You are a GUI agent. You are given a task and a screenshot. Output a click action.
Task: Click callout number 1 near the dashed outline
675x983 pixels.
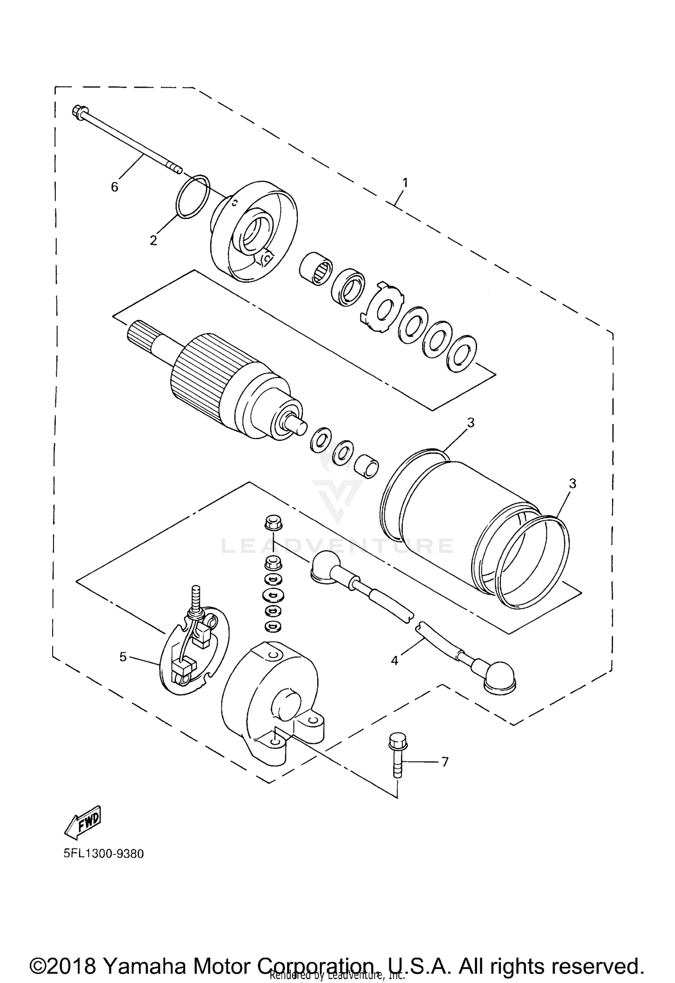pyautogui.click(x=405, y=182)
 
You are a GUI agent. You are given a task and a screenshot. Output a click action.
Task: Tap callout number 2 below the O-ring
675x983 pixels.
pyautogui.click(x=153, y=240)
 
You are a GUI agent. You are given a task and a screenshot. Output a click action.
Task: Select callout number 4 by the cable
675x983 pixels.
pyautogui.click(x=395, y=660)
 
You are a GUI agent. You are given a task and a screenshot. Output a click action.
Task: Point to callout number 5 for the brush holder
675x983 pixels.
pyautogui.click(x=123, y=657)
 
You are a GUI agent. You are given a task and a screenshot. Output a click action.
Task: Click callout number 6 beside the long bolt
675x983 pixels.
pyautogui.click(x=115, y=187)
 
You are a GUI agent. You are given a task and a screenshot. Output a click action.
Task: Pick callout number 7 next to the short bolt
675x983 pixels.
pyautogui.click(x=445, y=762)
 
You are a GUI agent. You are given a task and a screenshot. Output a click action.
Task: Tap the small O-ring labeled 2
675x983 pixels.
pyautogui.click(x=193, y=197)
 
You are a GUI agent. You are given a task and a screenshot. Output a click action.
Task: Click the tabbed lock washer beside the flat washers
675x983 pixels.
pyautogui.click(x=382, y=307)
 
